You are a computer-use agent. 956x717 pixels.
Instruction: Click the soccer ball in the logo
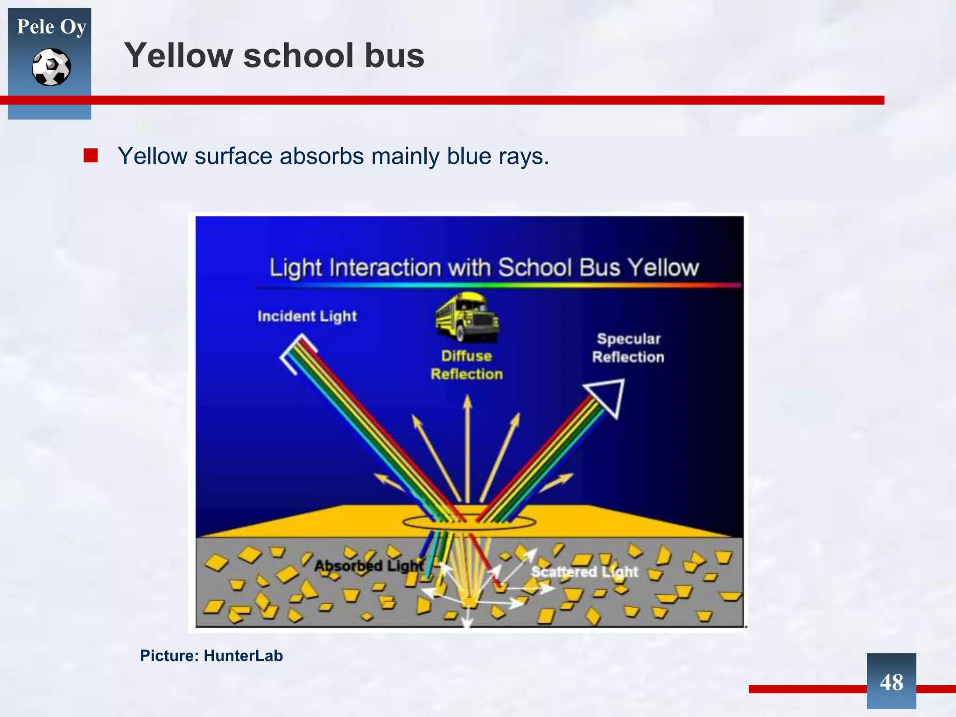(x=51, y=67)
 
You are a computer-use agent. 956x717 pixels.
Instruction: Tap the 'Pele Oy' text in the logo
(x=51, y=27)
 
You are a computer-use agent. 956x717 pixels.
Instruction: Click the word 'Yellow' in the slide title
(x=178, y=56)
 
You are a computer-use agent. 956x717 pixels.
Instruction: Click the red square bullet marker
(x=91, y=155)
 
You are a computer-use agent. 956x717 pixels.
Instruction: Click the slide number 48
(x=891, y=682)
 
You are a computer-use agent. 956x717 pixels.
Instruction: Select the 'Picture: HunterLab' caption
(x=211, y=656)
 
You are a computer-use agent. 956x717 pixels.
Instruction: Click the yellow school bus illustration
(x=467, y=316)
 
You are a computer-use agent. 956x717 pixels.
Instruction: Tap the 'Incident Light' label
(x=307, y=316)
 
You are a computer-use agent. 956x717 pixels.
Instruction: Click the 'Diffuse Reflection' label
(x=467, y=365)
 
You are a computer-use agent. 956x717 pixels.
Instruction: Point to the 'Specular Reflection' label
(x=628, y=348)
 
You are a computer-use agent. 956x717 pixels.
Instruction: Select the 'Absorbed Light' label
(x=369, y=566)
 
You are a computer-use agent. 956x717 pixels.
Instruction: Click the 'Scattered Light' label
(x=584, y=572)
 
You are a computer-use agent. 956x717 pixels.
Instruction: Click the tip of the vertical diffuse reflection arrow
(x=467, y=400)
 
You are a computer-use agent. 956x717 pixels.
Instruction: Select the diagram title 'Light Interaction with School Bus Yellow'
(x=484, y=268)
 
